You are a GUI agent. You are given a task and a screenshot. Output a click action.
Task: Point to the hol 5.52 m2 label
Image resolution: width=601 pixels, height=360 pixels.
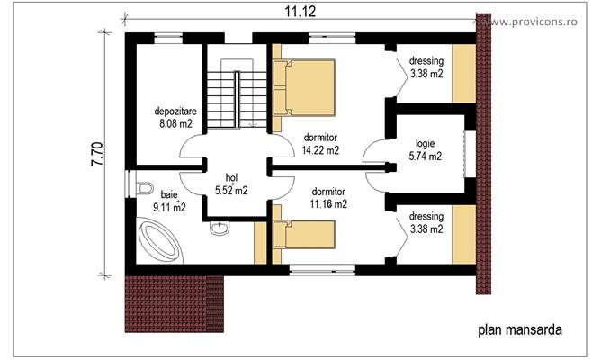click(230, 184)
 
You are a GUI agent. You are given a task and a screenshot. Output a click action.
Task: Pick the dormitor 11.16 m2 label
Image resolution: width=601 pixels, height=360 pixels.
click(328, 198)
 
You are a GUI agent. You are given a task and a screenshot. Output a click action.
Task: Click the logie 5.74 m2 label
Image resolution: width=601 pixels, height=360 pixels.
click(426, 149)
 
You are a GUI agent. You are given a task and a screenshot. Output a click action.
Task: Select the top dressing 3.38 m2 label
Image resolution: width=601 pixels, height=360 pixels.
click(426, 67)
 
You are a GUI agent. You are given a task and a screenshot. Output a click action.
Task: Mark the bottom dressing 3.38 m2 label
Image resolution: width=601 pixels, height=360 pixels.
click(425, 223)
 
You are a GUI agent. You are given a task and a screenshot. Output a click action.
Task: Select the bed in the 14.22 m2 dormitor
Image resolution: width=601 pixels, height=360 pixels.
click(303, 87)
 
